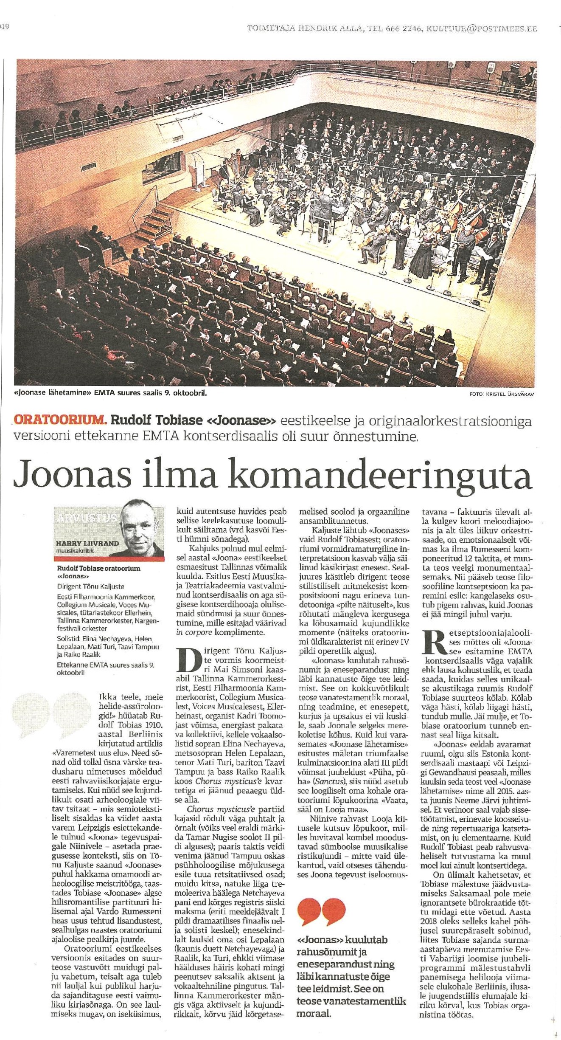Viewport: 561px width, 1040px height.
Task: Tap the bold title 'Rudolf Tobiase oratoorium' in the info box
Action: [x=98, y=568]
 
